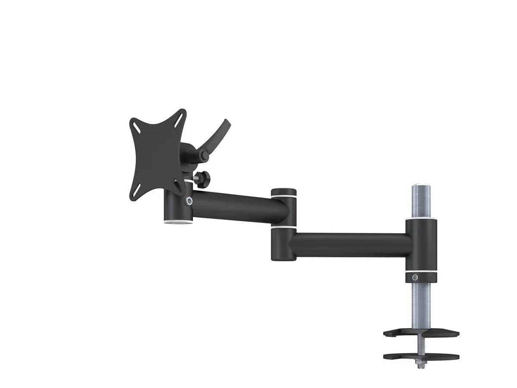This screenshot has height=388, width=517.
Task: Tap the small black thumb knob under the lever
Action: pyautogui.click(x=202, y=177)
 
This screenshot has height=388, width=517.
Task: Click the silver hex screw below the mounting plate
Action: pyautogui.click(x=189, y=200)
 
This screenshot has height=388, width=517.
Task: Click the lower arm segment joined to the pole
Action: pyautogui.click(x=349, y=245)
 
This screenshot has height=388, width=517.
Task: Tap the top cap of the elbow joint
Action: pyautogui.click(x=283, y=191)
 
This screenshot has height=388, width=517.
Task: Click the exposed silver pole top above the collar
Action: pyautogui.click(x=420, y=200)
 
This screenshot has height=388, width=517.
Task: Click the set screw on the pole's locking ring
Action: pyautogui.click(x=414, y=277)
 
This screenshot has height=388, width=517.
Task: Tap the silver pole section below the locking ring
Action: pyautogui.click(x=421, y=304)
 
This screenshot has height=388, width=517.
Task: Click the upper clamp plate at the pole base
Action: pyautogui.click(x=421, y=333)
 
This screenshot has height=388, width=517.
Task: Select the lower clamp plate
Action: pyautogui.click(x=421, y=357)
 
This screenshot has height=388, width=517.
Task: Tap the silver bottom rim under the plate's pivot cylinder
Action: pyautogui.click(x=177, y=223)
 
